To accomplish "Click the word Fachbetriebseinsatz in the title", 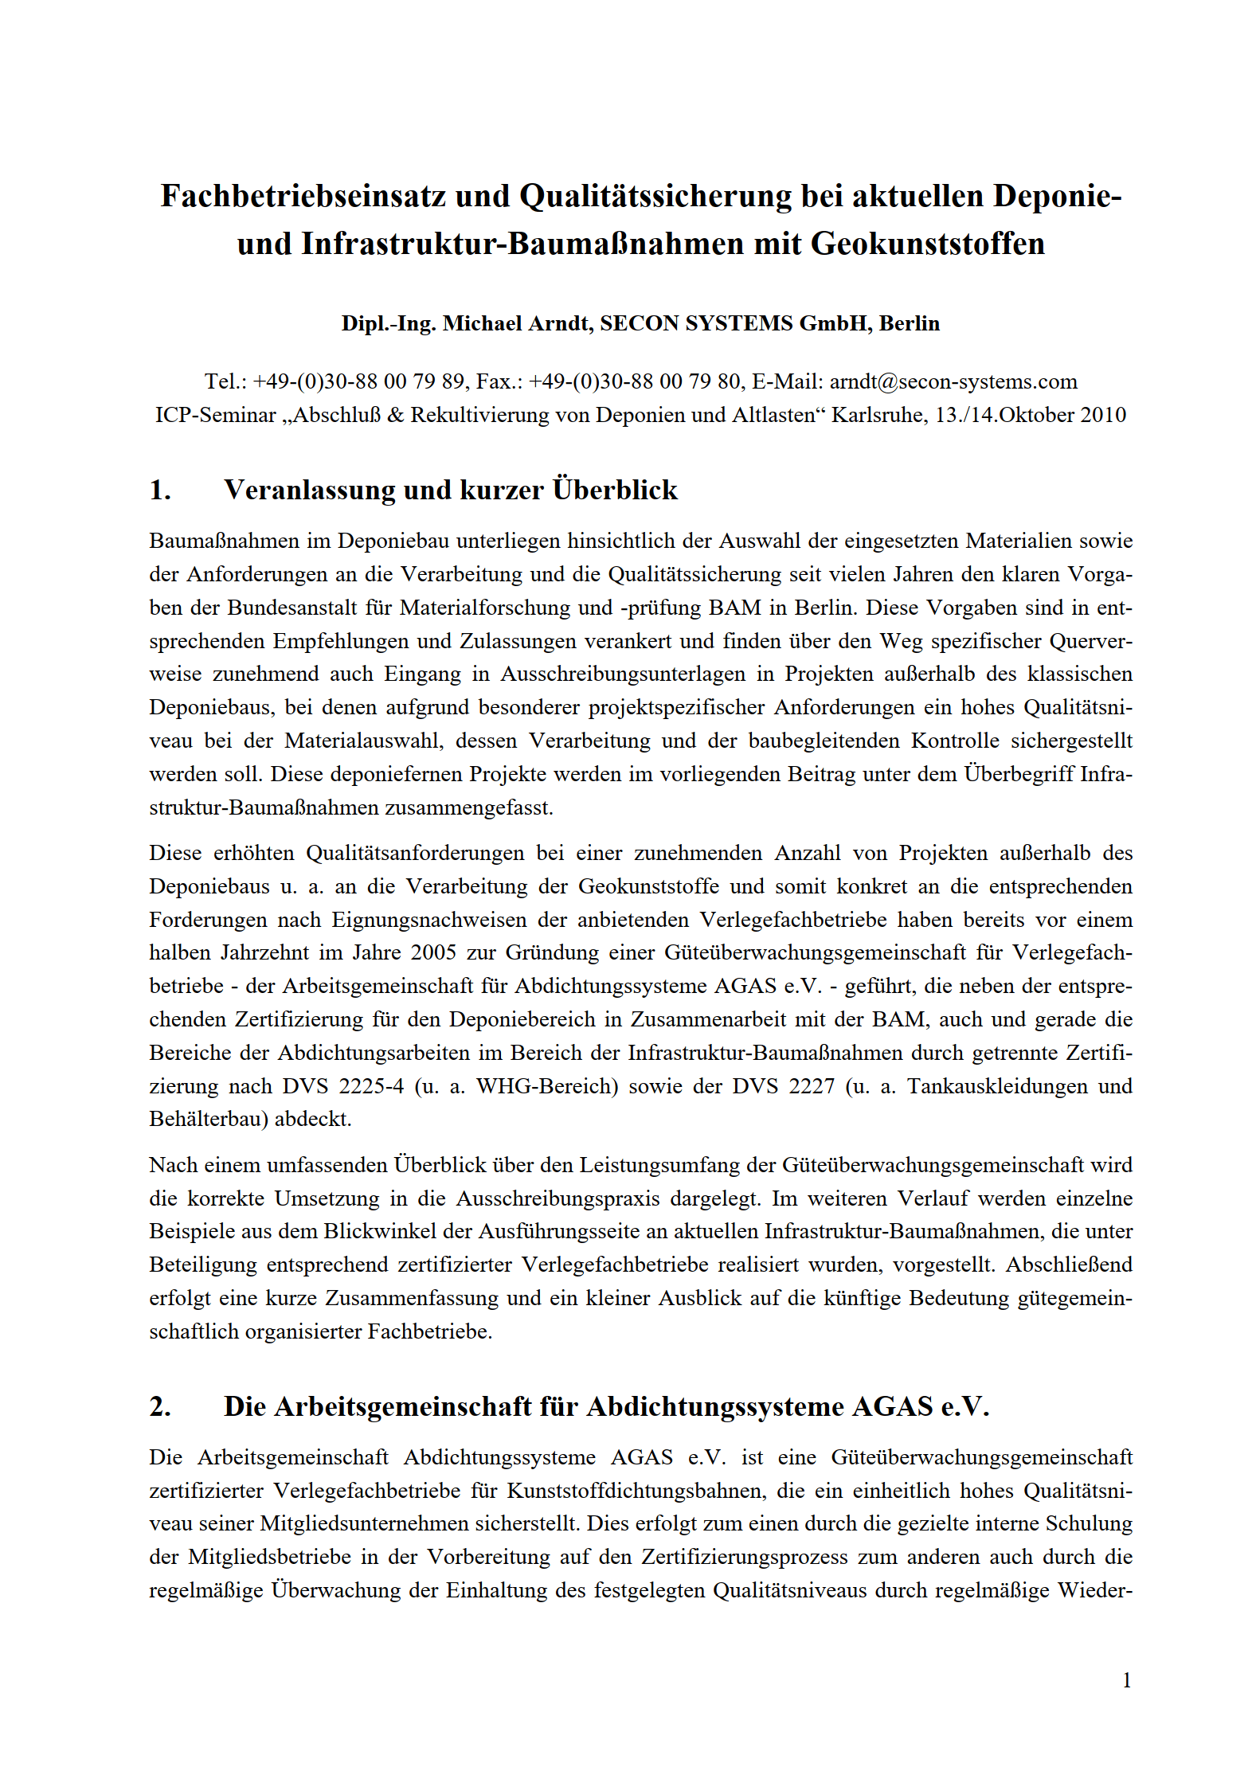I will pos(303,196).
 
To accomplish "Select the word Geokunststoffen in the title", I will pos(927,244).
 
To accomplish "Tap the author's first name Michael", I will pos(479,323).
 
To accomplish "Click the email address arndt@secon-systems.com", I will pos(953,381).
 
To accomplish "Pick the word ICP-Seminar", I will pos(215,415).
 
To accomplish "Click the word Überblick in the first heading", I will pos(615,491).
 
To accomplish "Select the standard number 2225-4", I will pos(371,1086).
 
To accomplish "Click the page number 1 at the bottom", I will pos(1126,1680).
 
